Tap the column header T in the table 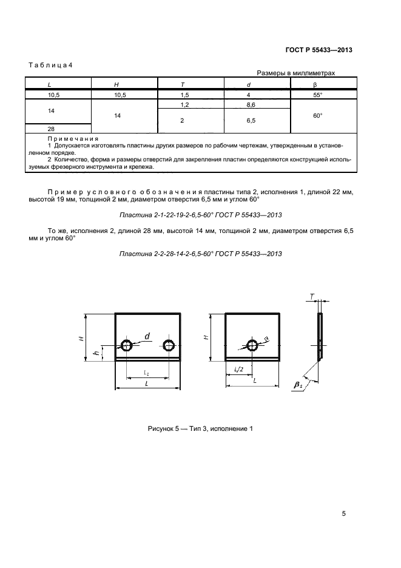pyautogui.click(x=183, y=84)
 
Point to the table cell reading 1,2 pyautogui.click(x=183, y=105)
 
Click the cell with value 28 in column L pyautogui.click(x=51, y=129)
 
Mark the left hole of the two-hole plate pyautogui.click(x=127, y=346)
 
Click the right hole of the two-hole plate pyautogui.click(x=168, y=346)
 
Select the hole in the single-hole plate pyautogui.click(x=251, y=346)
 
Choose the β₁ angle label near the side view pyautogui.click(x=298, y=384)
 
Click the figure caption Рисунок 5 pyautogui.click(x=200, y=429)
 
